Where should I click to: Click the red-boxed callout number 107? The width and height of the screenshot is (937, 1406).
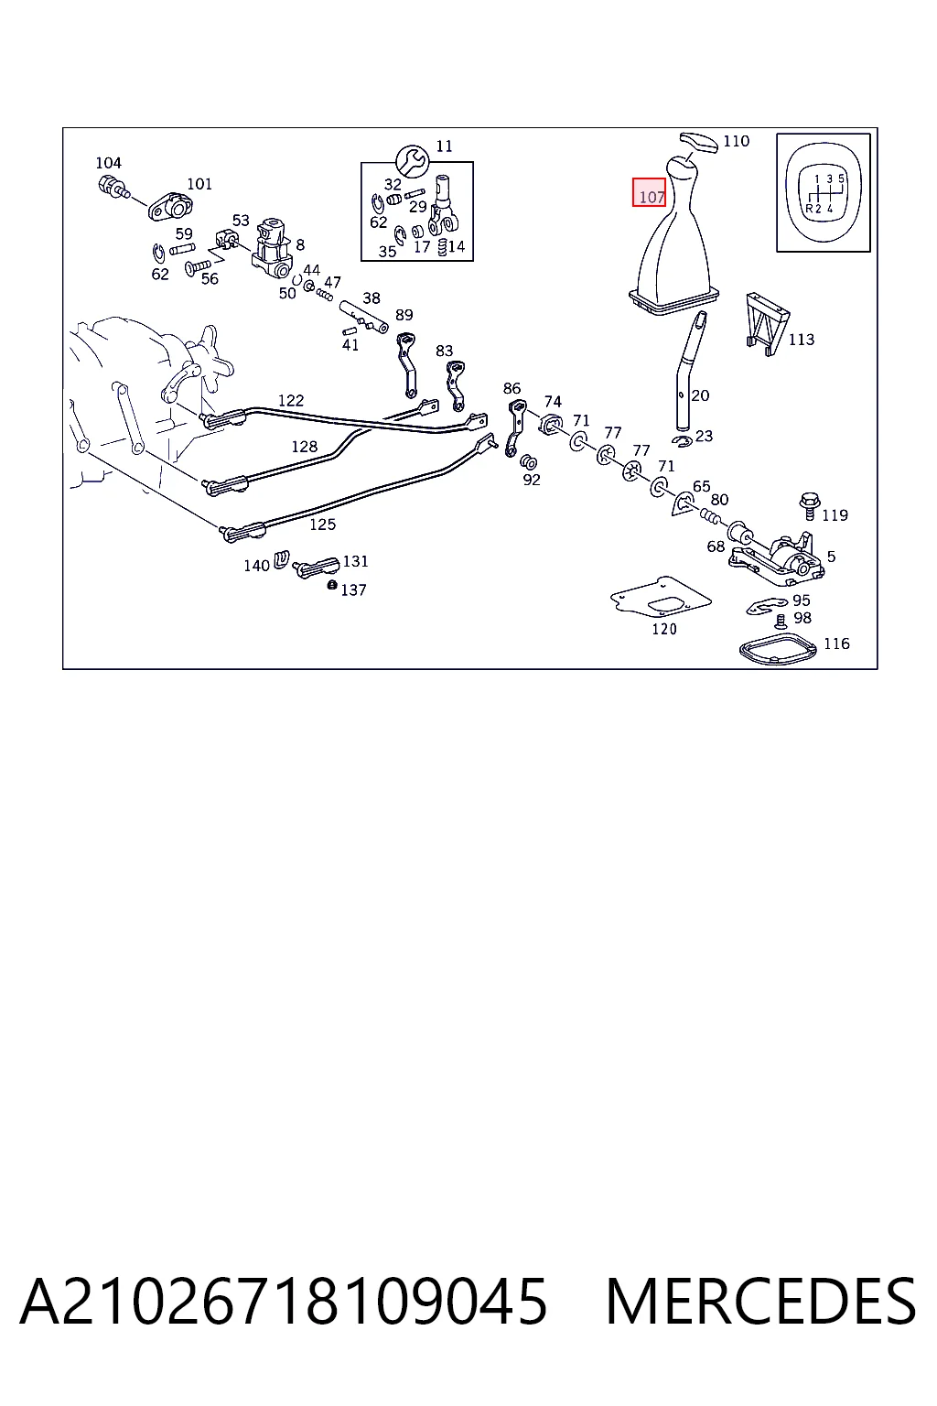[652, 197]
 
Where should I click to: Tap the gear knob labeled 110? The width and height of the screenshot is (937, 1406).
[699, 143]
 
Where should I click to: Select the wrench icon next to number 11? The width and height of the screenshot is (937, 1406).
[412, 161]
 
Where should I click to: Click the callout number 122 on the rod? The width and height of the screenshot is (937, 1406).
[291, 400]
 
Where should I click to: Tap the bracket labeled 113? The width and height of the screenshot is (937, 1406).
[767, 324]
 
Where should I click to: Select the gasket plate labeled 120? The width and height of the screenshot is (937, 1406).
[661, 598]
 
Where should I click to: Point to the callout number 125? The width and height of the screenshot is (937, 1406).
[323, 525]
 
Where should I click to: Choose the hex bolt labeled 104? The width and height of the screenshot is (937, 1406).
[113, 187]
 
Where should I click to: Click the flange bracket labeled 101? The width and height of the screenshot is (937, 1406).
[170, 206]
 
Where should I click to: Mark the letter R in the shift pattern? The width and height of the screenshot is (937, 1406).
[810, 209]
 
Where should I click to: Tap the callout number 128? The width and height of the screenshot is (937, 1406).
[305, 447]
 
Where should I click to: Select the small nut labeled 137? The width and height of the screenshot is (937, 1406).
[332, 585]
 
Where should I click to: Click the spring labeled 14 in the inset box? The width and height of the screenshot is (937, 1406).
[443, 246]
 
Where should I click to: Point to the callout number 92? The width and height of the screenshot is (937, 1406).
[532, 480]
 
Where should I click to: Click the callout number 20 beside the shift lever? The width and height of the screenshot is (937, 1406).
[700, 395]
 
